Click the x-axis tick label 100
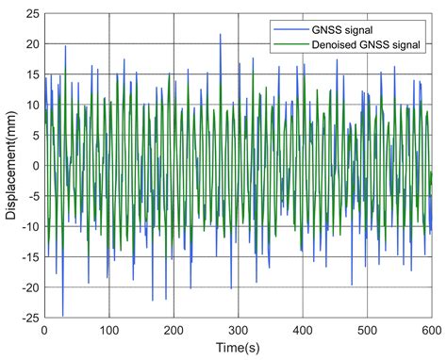(108, 331)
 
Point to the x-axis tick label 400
(303, 331)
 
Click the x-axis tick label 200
(174, 331)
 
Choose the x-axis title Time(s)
(238, 349)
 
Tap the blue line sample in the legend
(285, 28)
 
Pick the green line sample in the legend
(285, 41)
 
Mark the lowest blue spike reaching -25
(62, 315)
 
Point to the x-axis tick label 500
(367, 331)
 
